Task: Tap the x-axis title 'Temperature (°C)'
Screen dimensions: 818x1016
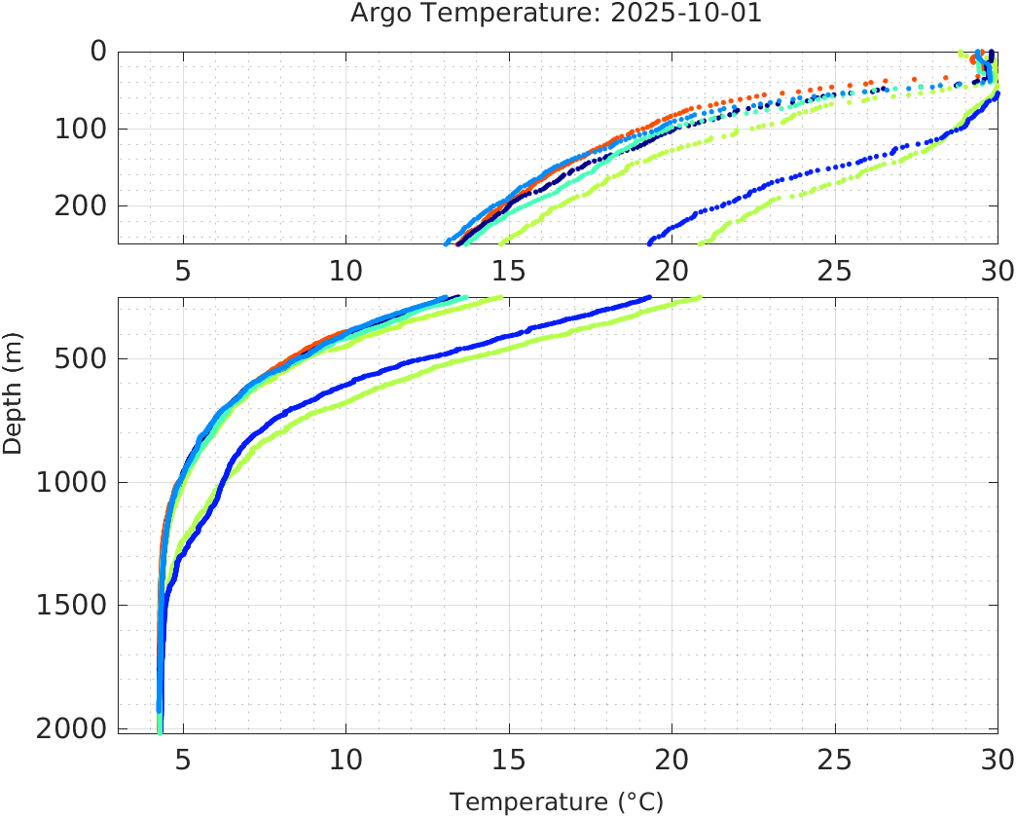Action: coord(557,802)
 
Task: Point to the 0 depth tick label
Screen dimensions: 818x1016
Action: coord(98,52)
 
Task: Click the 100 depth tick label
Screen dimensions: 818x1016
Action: coord(80,129)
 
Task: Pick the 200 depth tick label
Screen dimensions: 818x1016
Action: coord(80,205)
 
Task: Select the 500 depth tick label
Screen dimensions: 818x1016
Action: coord(80,358)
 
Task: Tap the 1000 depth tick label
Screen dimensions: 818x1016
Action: coord(71,482)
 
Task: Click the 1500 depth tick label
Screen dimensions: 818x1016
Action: coord(71,605)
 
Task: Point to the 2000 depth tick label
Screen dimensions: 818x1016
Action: coord(71,728)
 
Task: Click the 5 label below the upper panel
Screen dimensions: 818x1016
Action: coord(183,271)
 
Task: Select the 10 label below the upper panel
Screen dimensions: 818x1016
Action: coord(345,271)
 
